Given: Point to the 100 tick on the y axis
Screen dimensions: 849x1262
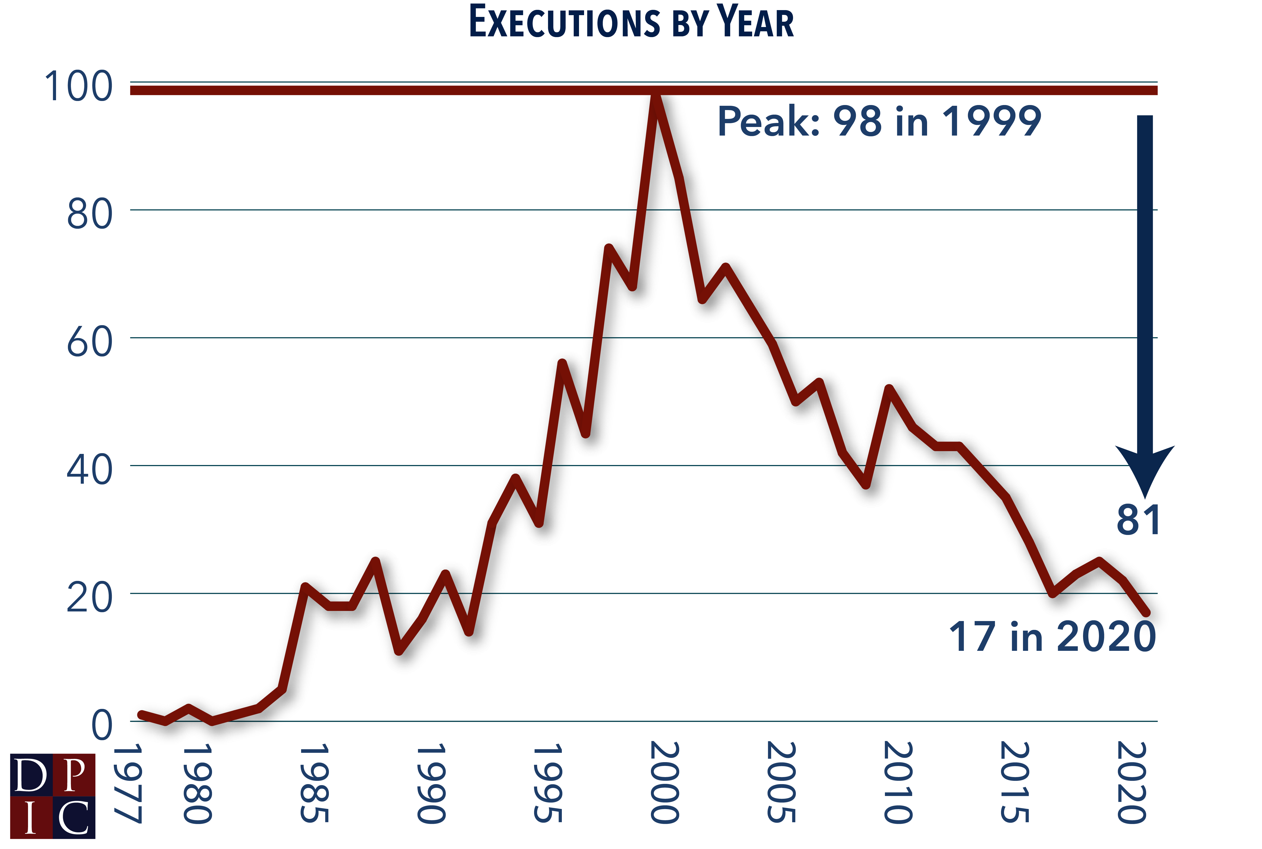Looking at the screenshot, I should pyautogui.click(x=78, y=87).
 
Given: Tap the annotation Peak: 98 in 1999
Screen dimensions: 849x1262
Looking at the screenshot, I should pyautogui.click(x=879, y=121).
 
